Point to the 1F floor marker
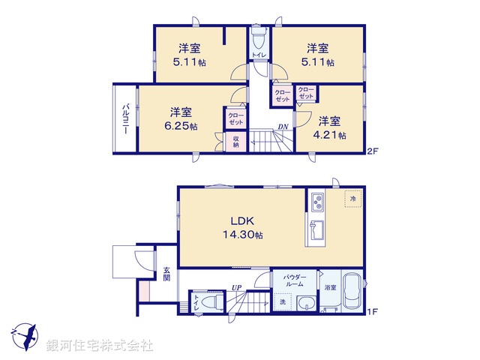[371, 311]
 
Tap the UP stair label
[236, 287]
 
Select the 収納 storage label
[235, 141]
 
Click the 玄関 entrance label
[166, 274]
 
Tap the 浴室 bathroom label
[331, 287]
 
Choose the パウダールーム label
[294, 280]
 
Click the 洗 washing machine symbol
[283, 302]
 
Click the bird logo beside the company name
[24, 335]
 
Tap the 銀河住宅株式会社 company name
[100, 346]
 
